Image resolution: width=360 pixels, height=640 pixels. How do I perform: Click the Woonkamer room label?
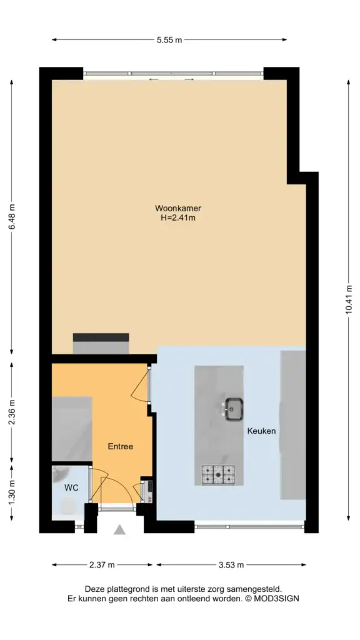178,209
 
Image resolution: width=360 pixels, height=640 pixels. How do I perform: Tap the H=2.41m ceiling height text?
178,218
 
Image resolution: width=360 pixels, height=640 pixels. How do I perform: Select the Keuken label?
261,431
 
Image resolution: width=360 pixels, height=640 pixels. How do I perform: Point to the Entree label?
121,446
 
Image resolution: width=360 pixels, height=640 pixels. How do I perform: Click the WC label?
71,487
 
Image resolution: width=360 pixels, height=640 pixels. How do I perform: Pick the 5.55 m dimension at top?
169,39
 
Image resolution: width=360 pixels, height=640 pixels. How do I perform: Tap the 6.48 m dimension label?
12,216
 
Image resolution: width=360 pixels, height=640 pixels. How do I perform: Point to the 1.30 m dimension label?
12,492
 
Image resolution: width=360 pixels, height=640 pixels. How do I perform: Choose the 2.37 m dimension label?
102,565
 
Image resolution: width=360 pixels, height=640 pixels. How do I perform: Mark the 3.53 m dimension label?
231,565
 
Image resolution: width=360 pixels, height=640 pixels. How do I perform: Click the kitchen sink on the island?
234,409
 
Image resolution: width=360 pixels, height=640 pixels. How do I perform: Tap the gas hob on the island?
218,475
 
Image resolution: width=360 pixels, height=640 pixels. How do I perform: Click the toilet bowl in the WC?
67,506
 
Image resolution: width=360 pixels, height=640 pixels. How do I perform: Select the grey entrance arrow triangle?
119,530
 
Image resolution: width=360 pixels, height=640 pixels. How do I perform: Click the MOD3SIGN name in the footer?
277,599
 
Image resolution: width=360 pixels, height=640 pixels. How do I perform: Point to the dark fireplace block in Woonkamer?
101,337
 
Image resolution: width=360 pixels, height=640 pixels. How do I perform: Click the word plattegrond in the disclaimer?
123,589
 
